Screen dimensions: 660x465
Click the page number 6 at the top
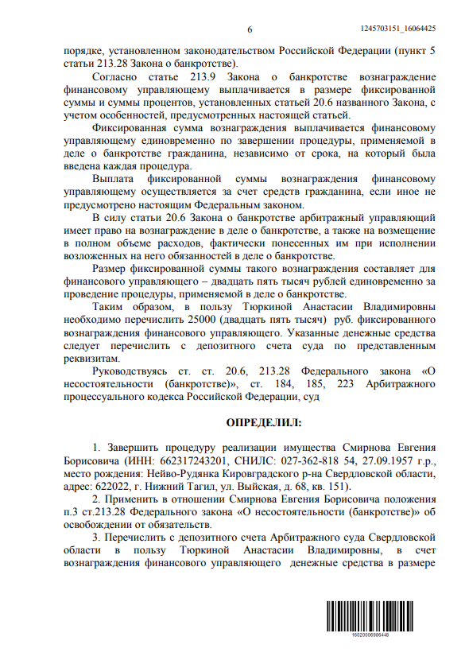249,29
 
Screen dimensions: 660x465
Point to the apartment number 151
338,486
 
